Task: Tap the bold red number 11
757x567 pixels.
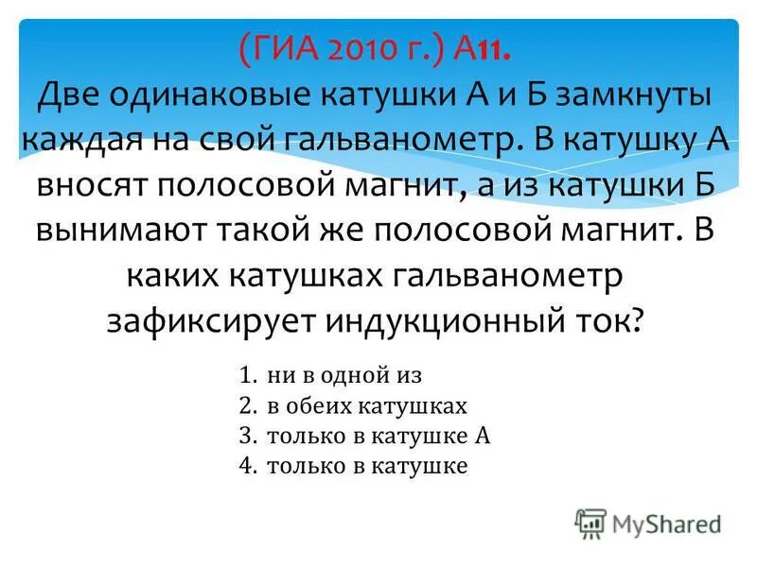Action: tap(498, 47)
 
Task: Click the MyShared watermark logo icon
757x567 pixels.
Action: tap(590, 522)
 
